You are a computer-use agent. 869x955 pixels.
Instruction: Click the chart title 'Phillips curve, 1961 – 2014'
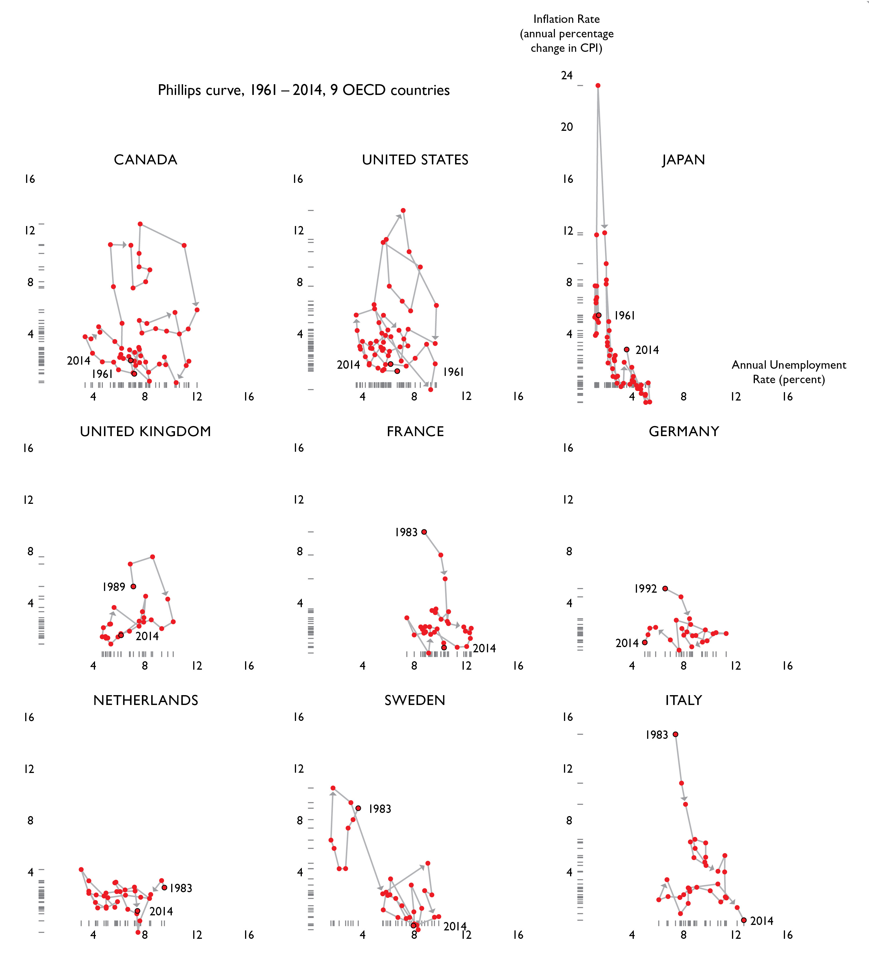click(303, 90)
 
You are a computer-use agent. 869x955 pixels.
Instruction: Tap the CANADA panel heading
click(145, 160)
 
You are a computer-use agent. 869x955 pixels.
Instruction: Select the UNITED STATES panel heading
click(415, 160)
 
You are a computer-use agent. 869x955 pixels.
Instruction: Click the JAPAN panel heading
click(683, 160)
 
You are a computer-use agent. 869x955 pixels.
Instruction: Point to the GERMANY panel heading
click(684, 431)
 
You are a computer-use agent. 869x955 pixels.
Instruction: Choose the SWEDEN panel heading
click(415, 700)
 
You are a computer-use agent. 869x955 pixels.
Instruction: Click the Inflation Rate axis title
click(567, 33)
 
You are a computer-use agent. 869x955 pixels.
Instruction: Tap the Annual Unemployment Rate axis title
click(788, 372)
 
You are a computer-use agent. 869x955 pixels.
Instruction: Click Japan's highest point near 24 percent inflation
click(598, 86)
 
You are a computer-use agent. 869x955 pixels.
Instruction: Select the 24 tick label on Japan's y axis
click(567, 75)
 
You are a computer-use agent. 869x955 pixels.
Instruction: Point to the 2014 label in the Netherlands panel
click(161, 911)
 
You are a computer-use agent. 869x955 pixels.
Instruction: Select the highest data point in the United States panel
click(403, 210)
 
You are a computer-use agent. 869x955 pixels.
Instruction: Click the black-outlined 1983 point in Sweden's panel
click(358, 808)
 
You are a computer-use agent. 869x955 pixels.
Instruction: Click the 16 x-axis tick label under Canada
click(249, 396)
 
